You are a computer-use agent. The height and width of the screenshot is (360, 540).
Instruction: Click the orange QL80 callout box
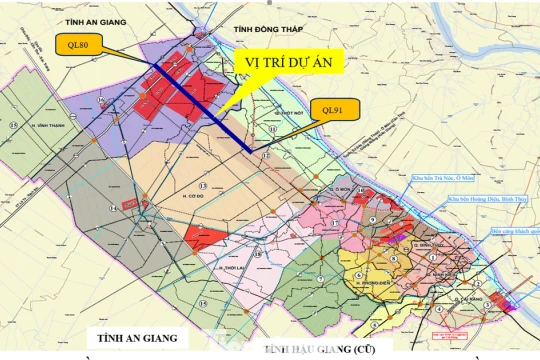76,45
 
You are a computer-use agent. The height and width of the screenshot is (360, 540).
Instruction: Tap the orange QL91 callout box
328,110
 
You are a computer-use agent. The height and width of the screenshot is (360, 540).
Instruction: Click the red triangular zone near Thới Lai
199,236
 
